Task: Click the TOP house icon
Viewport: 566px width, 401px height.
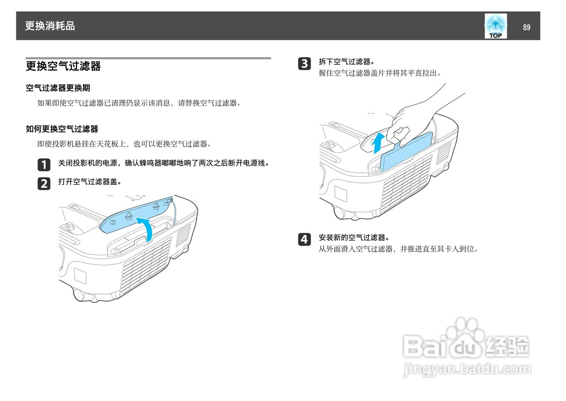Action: click(x=495, y=26)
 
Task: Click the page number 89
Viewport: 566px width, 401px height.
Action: click(x=526, y=27)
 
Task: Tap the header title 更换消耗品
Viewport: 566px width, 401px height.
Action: click(x=50, y=26)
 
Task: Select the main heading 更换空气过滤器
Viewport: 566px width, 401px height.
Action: click(x=63, y=66)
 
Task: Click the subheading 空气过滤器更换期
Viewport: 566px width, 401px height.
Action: click(x=58, y=88)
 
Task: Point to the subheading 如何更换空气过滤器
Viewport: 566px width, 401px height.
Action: click(x=62, y=129)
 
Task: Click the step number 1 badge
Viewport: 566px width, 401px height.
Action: click(x=44, y=165)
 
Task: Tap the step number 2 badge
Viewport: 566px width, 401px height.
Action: click(x=44, y=183)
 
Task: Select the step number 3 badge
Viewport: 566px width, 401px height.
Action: click(x=304, y=63)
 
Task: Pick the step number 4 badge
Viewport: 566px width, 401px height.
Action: click(x=304, y=239)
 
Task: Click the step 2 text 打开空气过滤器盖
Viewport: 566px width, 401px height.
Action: click(x=90, y=182)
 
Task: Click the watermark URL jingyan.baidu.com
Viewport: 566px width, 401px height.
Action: click(x=467, y=369)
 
